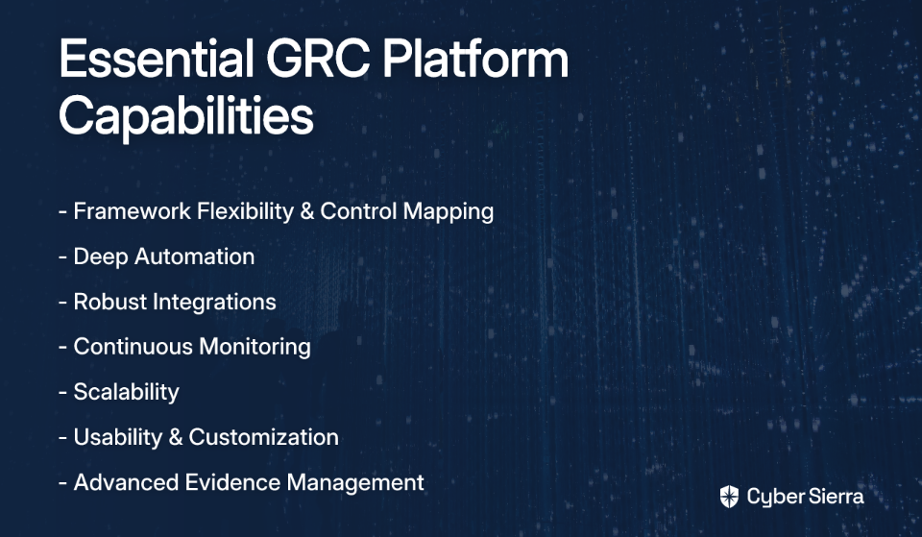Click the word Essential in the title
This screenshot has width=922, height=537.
[x=157, y=59]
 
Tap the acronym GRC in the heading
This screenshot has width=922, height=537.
[x=318, y=59]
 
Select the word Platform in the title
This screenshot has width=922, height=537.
[x=475, y=59]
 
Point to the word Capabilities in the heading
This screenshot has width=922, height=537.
[x=186, y=117]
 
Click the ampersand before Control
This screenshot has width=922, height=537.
[x=307, y=211]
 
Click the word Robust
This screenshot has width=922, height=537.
[x=109, y=302]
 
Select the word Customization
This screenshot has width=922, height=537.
[x=263, y=438]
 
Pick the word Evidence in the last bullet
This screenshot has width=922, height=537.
[x=232, y=483]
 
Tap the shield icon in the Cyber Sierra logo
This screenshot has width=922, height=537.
[x=729, y=497]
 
